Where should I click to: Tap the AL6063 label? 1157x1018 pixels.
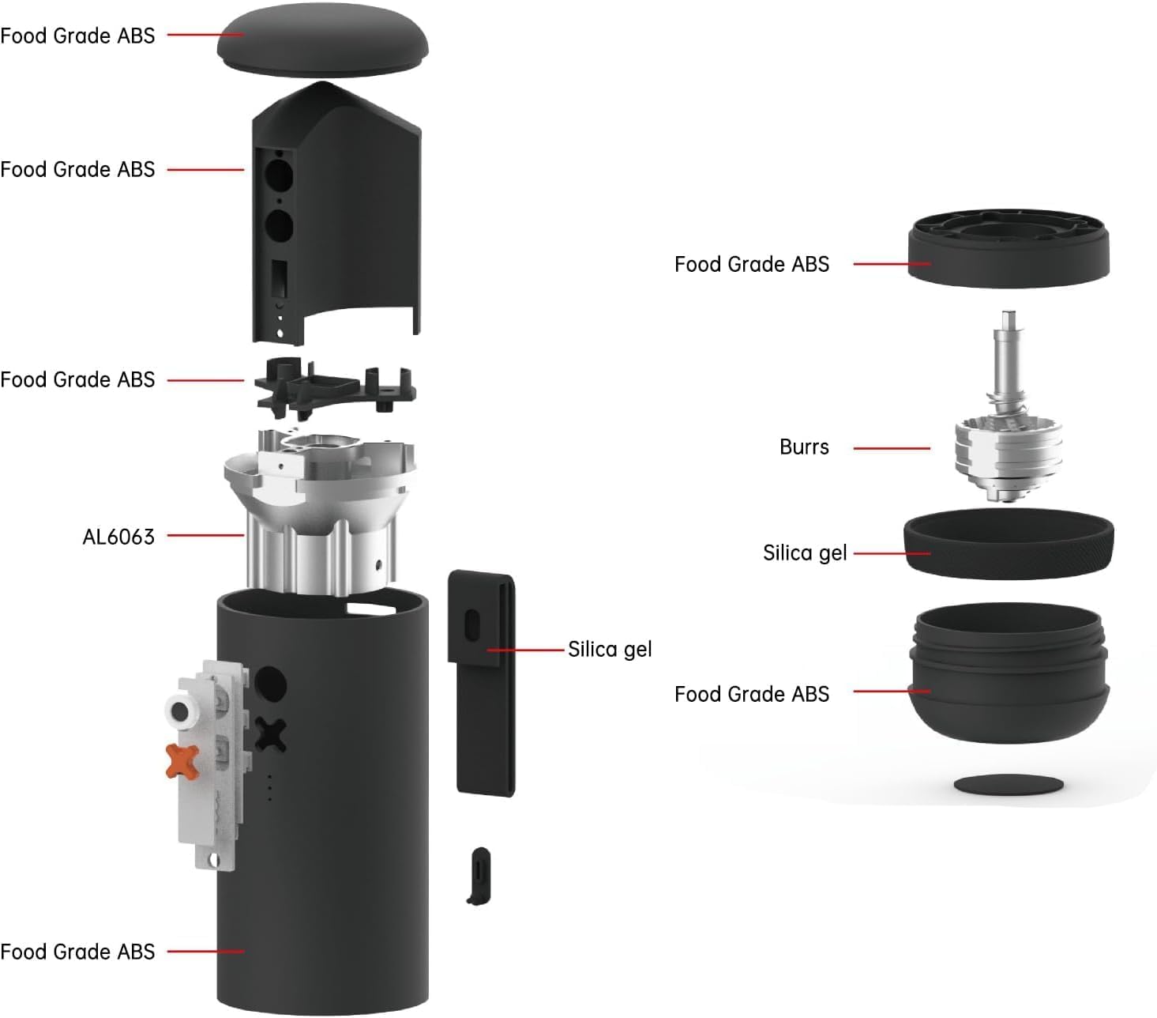click(118, 537)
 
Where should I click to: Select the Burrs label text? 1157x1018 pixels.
click(803, 447)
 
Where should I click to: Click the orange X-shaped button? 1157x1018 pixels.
click(182, 760)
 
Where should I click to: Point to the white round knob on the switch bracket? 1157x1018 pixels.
click(181, 711)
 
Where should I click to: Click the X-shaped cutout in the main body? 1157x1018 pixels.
click(270, 735)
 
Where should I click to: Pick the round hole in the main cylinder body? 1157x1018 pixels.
click(269, 684)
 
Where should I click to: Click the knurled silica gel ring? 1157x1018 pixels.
click(1009, 545)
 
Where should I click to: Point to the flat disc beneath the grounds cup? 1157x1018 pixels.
click(1009, 785)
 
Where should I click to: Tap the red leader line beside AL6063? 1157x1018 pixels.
click(205, 536)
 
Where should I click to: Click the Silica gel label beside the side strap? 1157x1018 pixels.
click(610, 650)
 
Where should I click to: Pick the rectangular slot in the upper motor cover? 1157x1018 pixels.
click(279, 279)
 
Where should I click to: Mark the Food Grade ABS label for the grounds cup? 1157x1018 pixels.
click(751, 694)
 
